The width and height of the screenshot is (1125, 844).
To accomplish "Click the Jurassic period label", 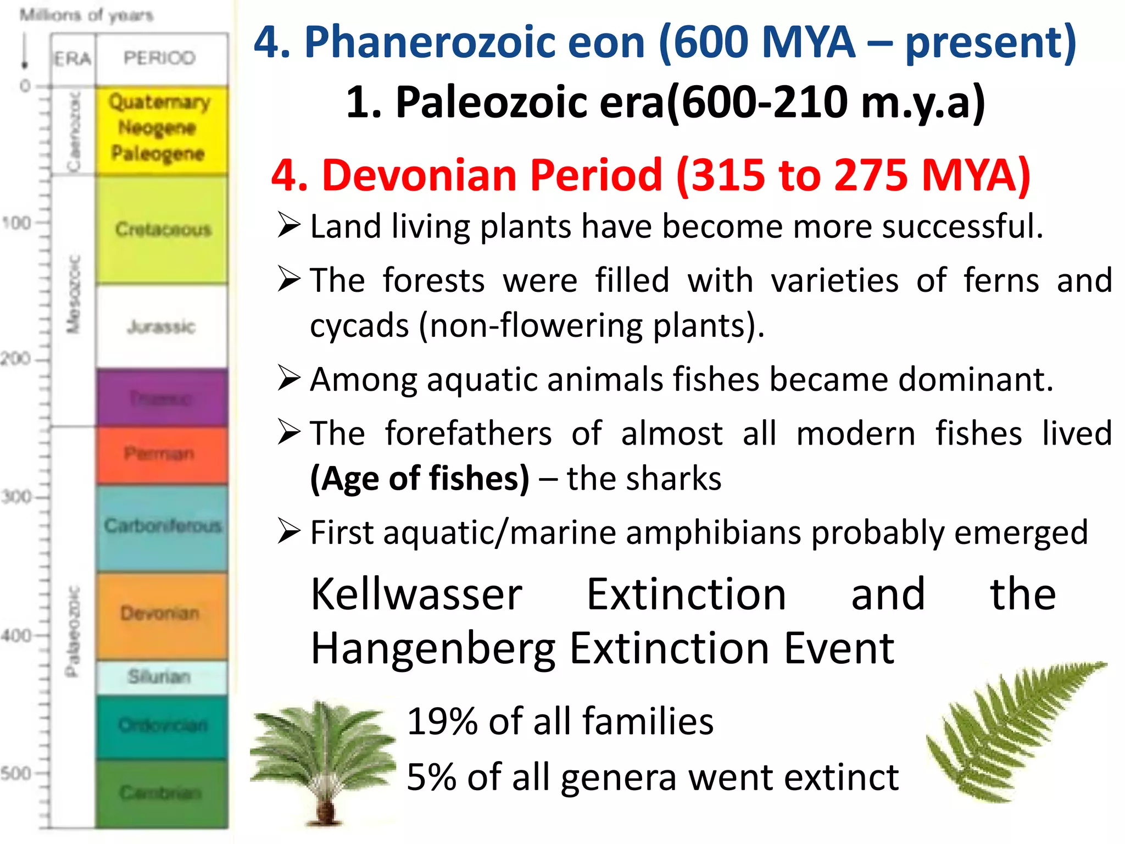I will click(x=161, y=326).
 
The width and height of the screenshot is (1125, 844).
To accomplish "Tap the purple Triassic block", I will click(x=161, y=398).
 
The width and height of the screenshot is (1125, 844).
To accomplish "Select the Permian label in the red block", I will click(x=159, y=454).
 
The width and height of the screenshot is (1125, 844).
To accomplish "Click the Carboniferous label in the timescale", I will click(x=163, y=526).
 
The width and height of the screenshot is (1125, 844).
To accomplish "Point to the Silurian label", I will click(x=159, y=676).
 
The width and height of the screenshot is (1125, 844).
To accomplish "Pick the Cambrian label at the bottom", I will click(x=160, y=792).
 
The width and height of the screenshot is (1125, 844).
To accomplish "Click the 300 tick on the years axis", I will click(x=16, y=497).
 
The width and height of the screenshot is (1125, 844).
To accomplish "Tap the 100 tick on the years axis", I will click(x=16, y=223).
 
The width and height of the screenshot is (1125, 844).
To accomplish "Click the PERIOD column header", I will click(x=159, y=58).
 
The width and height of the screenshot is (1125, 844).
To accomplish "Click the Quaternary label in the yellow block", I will click(x=159, y=102).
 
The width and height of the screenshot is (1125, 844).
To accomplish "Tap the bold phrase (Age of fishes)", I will click(x=420, y=478).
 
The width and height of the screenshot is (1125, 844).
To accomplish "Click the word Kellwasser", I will click(x=416, y=595).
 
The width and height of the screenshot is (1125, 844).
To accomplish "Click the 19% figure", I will click(x=443, y=721).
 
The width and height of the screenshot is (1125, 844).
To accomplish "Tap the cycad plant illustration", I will click(x=324, y=761).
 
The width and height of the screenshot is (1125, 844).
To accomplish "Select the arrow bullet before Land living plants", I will click(x=289, y=225).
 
